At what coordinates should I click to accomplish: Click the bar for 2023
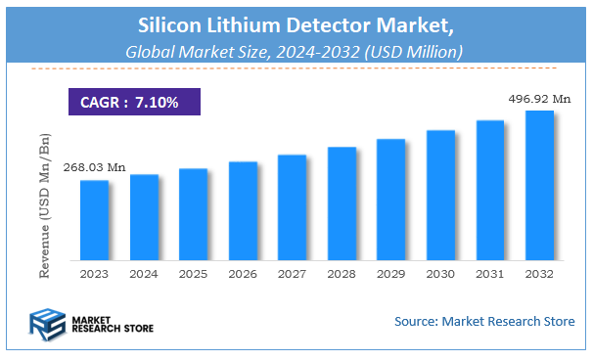94,220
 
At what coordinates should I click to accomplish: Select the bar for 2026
243,210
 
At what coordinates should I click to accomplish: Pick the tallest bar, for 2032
539,186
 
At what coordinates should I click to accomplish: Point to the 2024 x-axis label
144,274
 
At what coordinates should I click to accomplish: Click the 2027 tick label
292,274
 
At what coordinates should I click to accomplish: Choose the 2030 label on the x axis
440,274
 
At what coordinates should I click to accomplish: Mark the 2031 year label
489,274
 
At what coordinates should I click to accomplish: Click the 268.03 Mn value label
94,168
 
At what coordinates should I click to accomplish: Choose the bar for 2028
342,203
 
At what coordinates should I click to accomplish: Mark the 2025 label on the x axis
193,274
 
